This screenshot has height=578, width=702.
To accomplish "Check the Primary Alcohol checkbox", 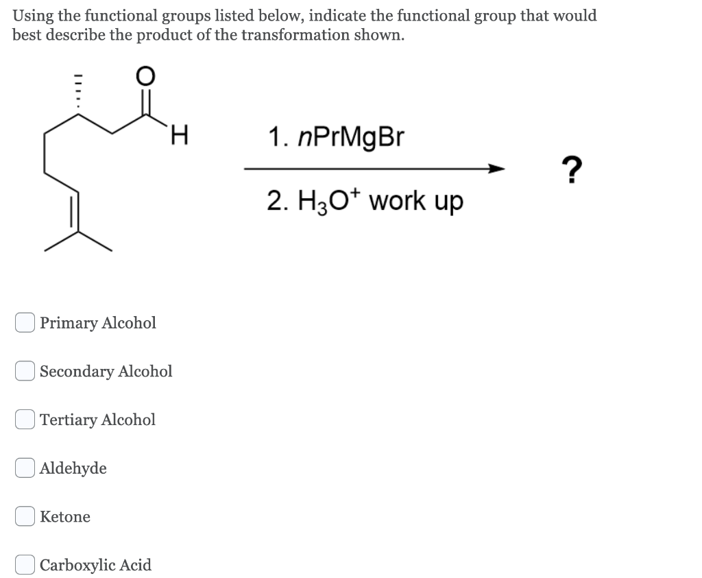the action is pos(25,322).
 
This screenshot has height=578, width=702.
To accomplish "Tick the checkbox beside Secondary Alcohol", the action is pos(25,371).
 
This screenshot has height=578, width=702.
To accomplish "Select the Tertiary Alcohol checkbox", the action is pos(25,419).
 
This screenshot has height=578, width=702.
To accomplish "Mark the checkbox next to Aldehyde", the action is pos(25,468).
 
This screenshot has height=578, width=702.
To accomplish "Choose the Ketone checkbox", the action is pos(25,516).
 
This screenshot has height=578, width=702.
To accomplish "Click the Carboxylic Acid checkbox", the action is pos(25,565).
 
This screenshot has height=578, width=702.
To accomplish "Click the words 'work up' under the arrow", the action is pos(418,201).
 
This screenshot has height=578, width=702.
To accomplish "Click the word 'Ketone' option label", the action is pos(65,516).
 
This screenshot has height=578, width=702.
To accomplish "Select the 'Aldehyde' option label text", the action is pos(73,468).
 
